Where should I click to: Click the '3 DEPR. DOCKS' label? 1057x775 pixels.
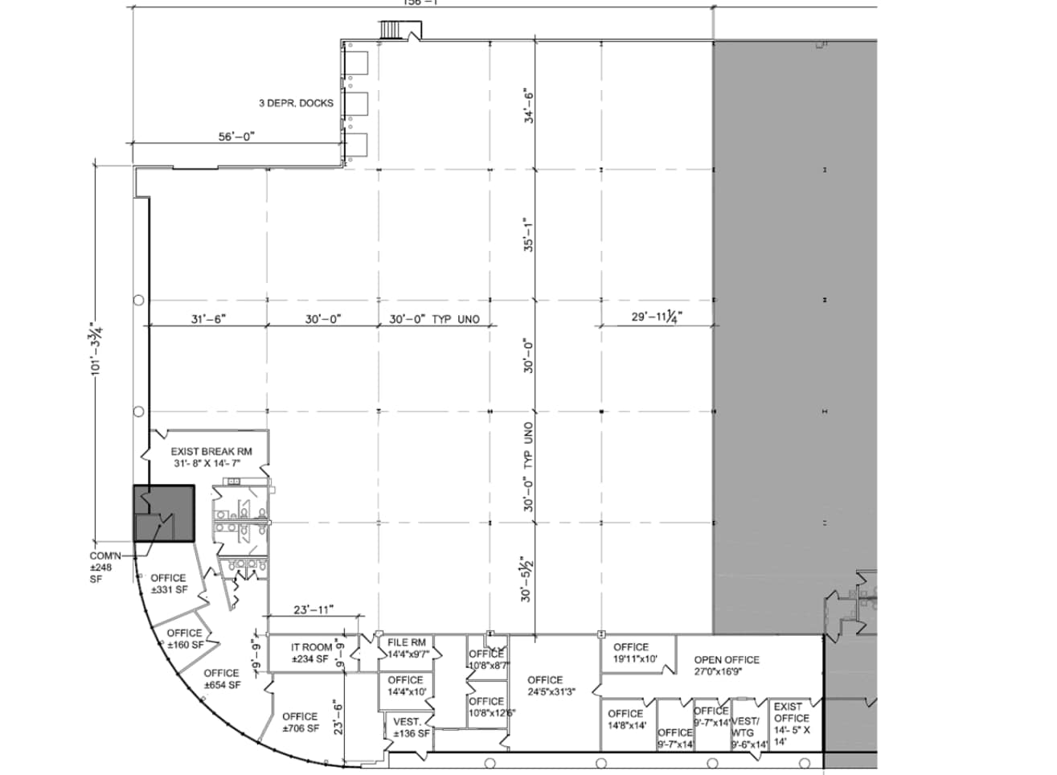coord(295,103)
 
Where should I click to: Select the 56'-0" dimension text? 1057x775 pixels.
coord(236,137)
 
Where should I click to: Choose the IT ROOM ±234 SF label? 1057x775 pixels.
coord(311,653)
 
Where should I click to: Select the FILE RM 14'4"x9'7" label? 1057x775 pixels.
coord(408,648)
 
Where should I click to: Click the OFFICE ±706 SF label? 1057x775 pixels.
coord(300,722)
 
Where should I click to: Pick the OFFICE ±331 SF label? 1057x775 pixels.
coord(168,583)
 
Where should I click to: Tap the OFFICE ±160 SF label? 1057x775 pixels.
coord(184,638)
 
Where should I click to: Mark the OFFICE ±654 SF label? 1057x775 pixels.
coord(221,679)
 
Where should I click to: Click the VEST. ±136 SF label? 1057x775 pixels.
coord(412,728)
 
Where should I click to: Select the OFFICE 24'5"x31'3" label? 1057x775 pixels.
coord(545,685)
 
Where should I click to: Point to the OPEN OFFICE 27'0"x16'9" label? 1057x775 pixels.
coord(727,664)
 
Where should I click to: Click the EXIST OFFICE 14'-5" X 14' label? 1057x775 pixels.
coord(792,724)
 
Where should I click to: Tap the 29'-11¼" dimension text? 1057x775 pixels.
coord(656,317)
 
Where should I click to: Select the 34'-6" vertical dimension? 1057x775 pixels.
coord(528,105)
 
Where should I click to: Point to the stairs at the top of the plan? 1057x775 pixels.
coord(391,30)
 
